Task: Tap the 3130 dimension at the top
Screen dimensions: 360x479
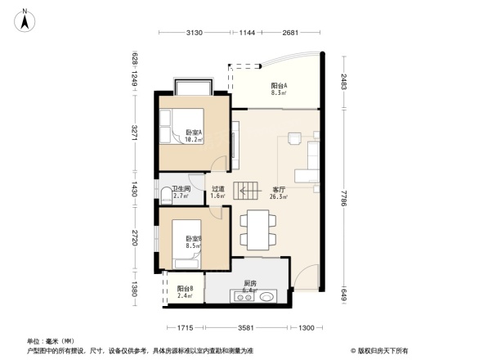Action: tap(194, 33)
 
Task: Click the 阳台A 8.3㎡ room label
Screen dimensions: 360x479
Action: tap(279, 90)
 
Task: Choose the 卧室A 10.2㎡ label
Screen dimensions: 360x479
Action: tap(194, 136)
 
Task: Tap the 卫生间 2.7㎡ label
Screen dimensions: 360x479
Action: tap(181, 192)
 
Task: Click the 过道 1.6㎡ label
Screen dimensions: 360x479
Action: tap(217, 192)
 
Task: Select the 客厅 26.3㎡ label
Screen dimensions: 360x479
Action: tap(278, 192)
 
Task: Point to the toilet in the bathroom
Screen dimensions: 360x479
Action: tap(167, 194)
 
